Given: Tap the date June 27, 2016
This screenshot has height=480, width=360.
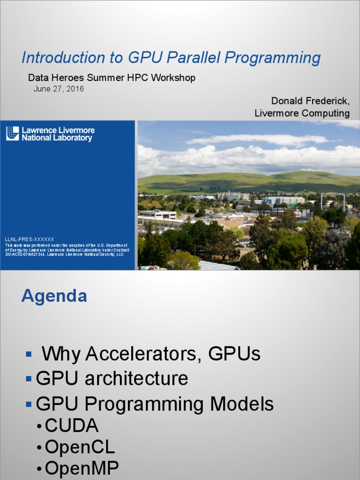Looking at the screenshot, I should click(59, 89).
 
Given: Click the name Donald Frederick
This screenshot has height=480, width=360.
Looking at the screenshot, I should click(310, 101).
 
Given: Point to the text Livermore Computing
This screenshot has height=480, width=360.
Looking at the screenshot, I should click(302, 113).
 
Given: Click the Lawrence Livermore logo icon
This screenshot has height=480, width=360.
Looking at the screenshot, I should click(13, 134).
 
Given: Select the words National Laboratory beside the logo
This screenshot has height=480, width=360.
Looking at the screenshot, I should click(57, 138).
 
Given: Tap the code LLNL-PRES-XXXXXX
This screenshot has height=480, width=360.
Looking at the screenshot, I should click(30, 239).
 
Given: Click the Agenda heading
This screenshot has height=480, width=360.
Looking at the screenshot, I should click(54, 296).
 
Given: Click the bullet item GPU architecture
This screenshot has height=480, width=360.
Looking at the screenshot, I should click(112, 378).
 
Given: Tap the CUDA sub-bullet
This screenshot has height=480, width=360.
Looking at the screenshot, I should click(72, 426).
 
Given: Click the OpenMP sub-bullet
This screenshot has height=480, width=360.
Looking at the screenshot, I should click(82, 468).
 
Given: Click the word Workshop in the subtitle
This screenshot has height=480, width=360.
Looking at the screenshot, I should click(173, 78).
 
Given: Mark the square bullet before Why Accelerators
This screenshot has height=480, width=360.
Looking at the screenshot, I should click(29, 354).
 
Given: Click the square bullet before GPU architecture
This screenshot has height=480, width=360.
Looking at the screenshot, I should click(29, 378).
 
